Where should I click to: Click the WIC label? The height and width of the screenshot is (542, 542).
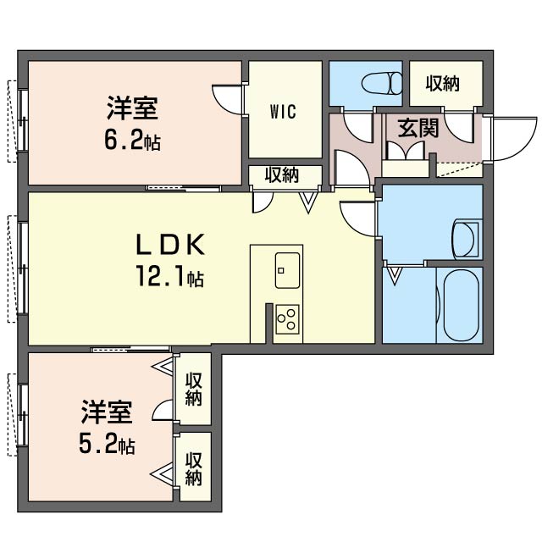coord(283,112)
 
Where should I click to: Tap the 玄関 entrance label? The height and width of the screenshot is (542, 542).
coord(418,128)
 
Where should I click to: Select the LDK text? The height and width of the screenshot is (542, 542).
coord(170,245)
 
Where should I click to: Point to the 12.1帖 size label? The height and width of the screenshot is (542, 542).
coord(170,276)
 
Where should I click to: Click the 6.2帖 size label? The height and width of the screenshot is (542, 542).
coord(133,141)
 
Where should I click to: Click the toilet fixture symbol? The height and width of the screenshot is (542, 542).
coord(382,83)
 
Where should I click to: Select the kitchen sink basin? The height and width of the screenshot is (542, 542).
coord(287,270)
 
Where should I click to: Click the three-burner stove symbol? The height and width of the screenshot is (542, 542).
coord(287,319)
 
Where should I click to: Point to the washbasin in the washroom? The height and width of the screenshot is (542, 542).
coord(465,239)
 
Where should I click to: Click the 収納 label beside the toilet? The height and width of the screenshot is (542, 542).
coord(442,84)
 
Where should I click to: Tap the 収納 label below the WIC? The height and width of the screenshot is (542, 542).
coord(282,175)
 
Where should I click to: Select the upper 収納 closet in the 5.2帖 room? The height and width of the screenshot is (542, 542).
coord(193,389)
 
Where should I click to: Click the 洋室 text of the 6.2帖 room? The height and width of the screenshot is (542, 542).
coord(132,108)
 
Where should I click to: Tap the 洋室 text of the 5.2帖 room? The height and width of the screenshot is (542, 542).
coord(107,412)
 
